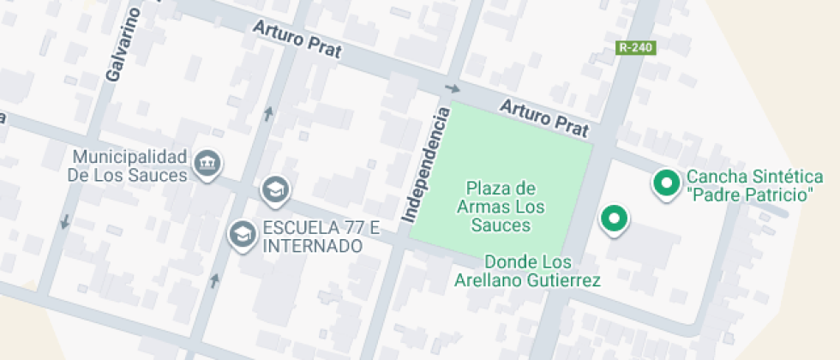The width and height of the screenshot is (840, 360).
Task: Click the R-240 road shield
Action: tap(636, 49)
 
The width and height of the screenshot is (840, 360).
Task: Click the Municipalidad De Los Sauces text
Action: tap(129, 166)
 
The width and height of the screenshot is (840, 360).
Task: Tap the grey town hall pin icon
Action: tap(207, 164)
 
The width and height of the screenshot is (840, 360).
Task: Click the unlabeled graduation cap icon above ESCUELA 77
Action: tap(275, 190)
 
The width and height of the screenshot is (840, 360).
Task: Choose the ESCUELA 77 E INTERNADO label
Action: tap(321, 237)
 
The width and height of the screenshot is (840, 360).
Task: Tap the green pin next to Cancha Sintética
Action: tap(665, 183)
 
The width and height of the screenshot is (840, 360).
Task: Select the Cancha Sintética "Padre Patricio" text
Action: tap(749, 186)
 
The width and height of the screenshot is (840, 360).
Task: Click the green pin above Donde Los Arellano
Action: tap(613, 219)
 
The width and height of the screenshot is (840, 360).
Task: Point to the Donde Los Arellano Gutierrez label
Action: tap(527, 271)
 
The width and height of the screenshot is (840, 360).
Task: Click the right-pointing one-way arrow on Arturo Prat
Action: tap(453, 88)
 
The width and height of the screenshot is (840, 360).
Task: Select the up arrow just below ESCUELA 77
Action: tap(214, 279)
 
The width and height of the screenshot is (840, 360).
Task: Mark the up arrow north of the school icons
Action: tap(269, 113)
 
